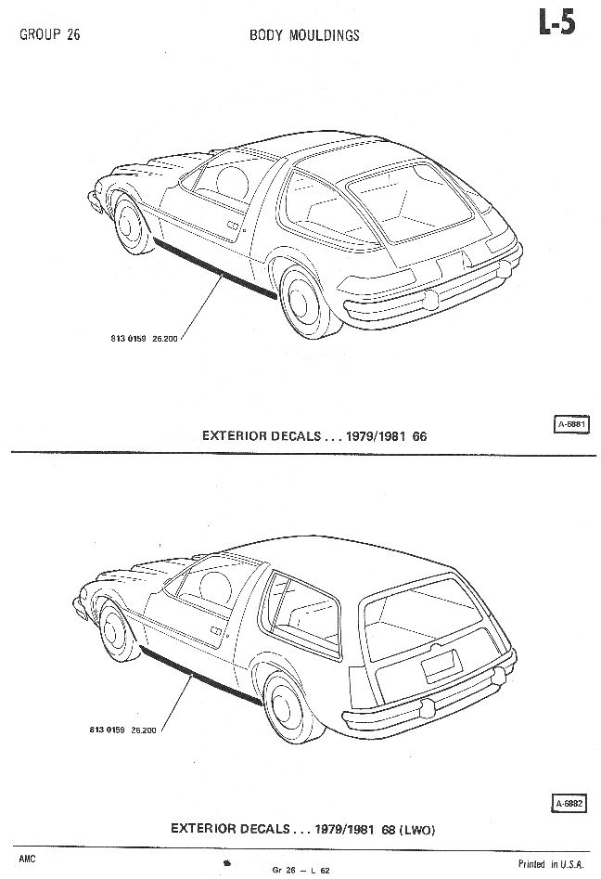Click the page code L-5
[556, 24]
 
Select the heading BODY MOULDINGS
[304, 35]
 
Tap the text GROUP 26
[46, 37]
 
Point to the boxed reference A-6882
[569, 803]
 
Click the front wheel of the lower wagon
[116, 630]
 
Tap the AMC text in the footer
[26, 851]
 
